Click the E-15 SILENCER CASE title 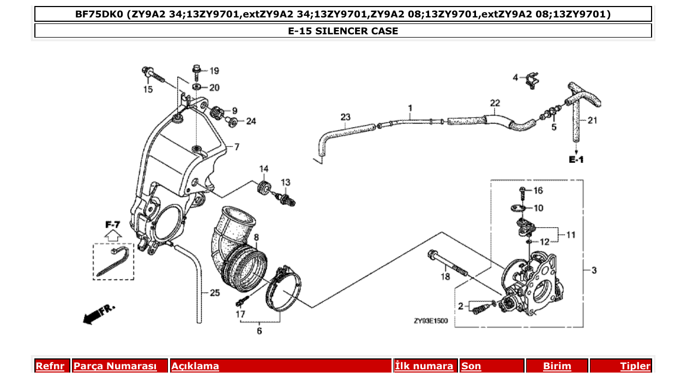pyautogui.click(x=343, y=31)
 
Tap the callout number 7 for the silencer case pyautogui.click(x=237, y=147)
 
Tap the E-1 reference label pyautogui.click(x=576, y=160)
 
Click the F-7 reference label pyautogui.click(x=113, y=224)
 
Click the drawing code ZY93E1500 pyautogui.click(x=430, y=321)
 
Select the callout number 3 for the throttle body pyautogui.click(x=594, y=270)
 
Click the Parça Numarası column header pyautogui.click(x=115, y=366)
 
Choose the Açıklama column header pyautogui.click(x=195, y=366)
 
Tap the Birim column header pyautogui.click(x=557, y=366)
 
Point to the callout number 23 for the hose pyautogui.click(x=345, y=117)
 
